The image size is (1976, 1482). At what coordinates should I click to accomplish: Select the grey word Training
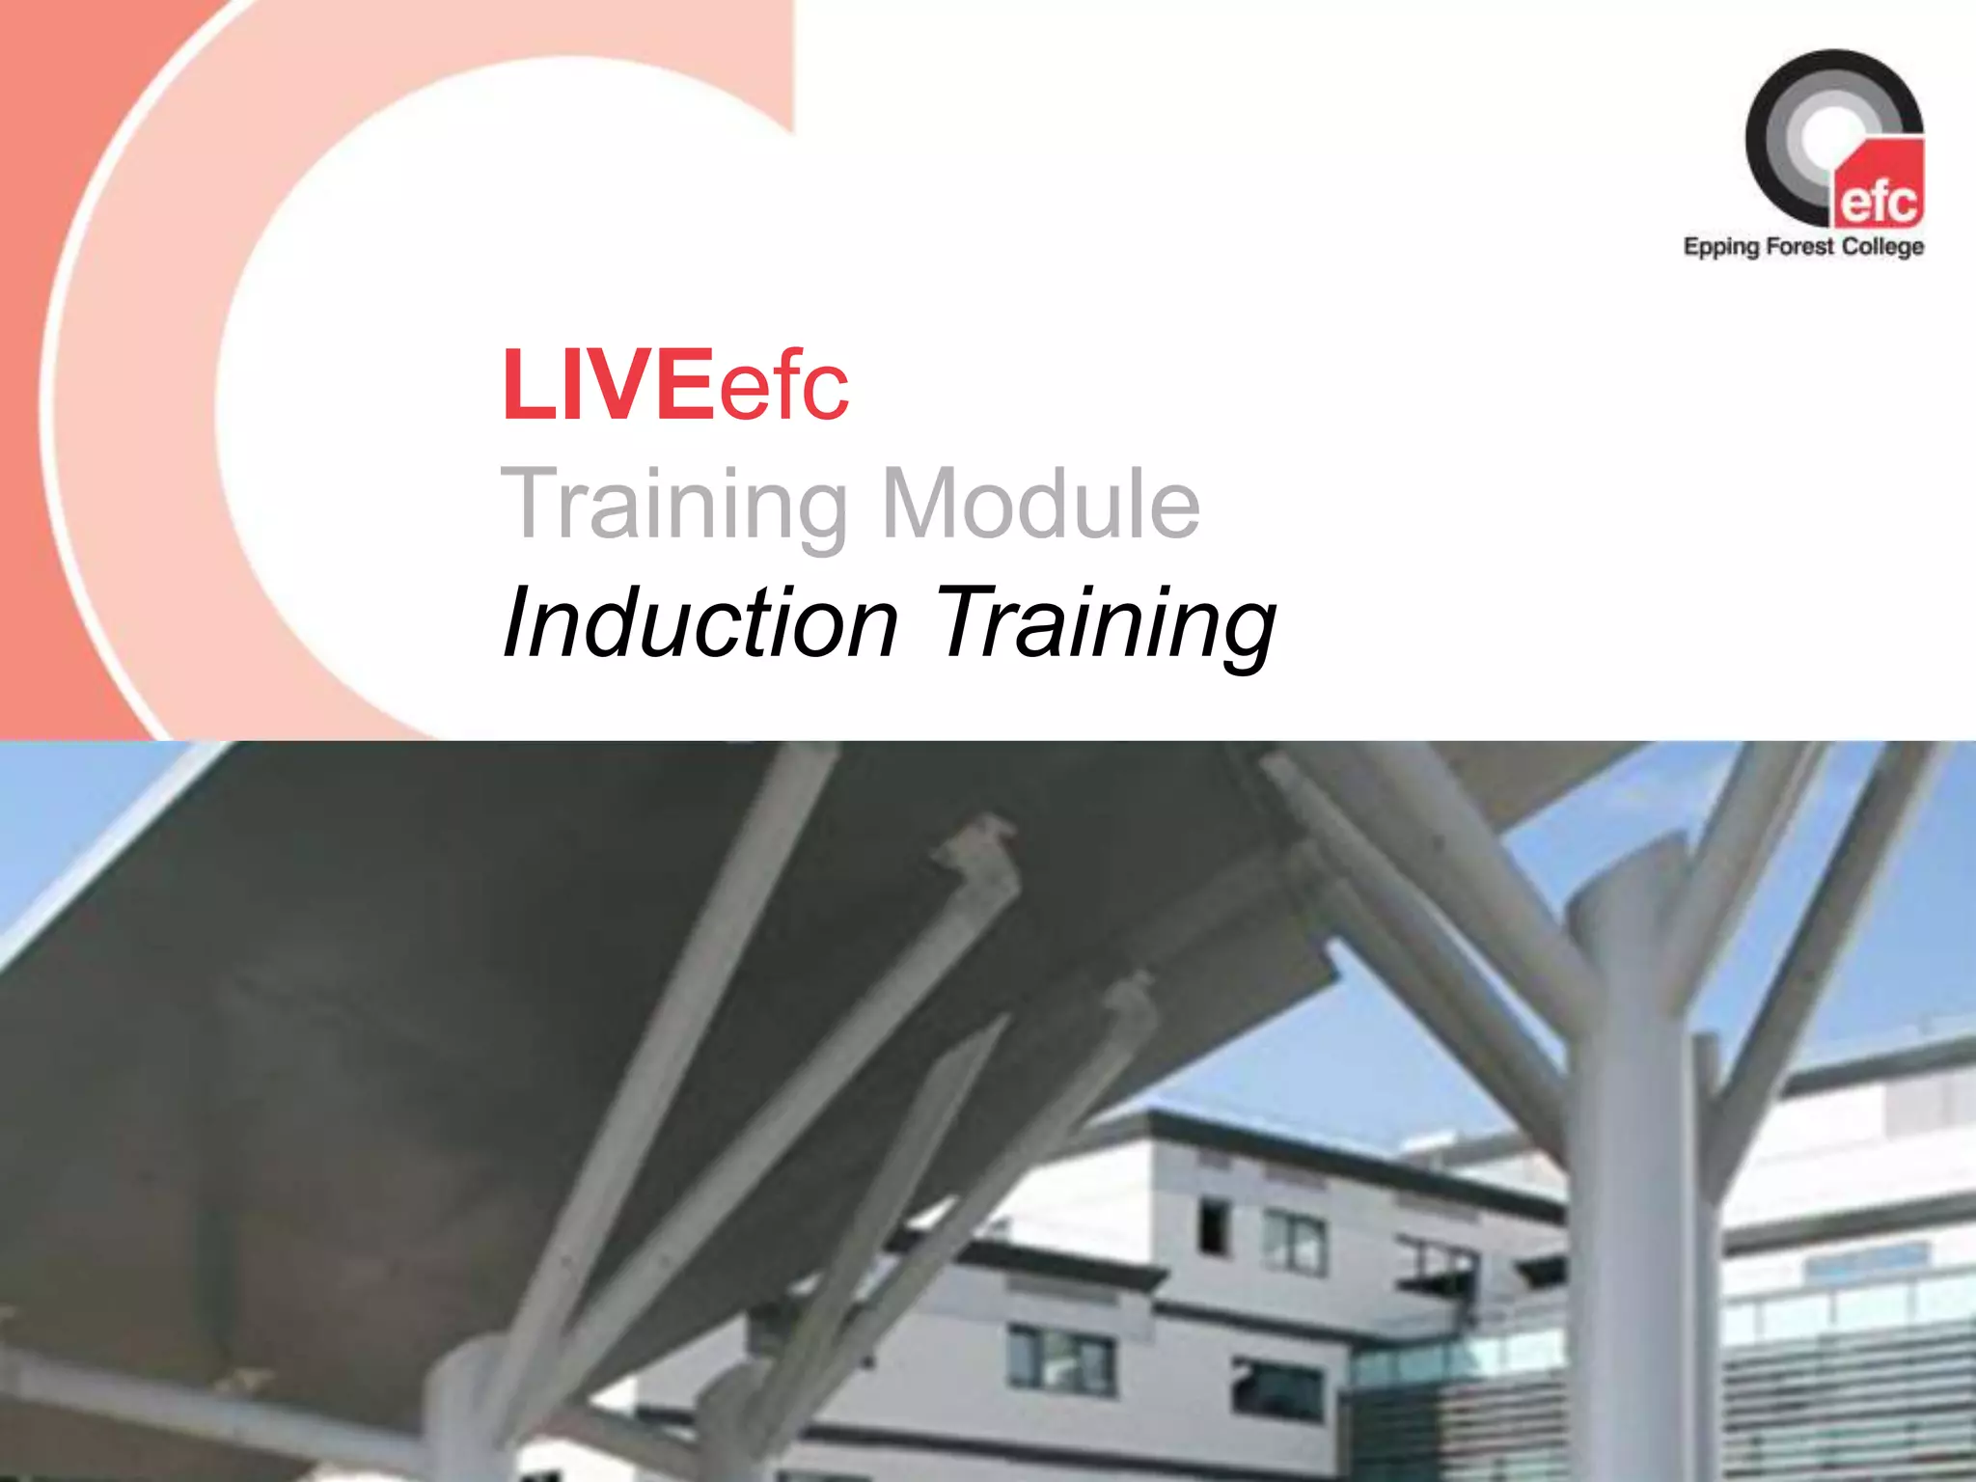[673, 504]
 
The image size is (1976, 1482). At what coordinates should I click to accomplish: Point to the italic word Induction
[700, 622]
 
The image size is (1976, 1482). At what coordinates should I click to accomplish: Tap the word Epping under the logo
[1721, 247]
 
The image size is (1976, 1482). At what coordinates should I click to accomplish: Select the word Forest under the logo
[1799, 246]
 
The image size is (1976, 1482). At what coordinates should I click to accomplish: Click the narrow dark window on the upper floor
[1212, 1226]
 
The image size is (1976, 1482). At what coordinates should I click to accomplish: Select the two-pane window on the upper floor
[1295, 1241]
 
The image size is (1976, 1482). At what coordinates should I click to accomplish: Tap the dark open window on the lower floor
[1276, 1390]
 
